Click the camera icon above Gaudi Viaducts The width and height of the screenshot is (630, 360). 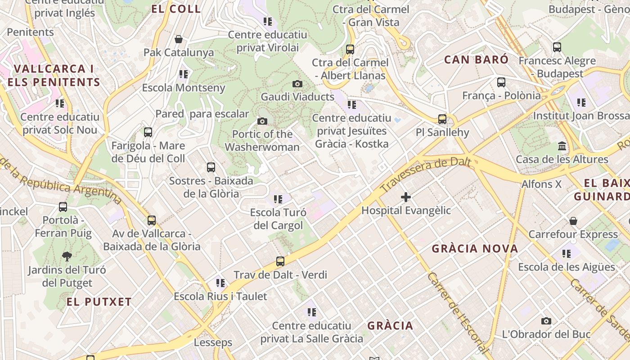297,84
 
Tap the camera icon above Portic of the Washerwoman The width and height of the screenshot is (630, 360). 262,121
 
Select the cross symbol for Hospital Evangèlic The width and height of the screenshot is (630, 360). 406,197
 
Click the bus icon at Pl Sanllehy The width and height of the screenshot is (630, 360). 442,119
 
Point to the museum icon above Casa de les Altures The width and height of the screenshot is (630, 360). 562,146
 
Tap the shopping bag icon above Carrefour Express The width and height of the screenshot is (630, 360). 573,221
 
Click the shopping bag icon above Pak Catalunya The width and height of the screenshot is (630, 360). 179,40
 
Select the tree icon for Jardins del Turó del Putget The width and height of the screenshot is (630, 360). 67,256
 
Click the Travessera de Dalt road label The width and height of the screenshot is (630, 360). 425,175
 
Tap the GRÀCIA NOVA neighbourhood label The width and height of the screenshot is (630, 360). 475,248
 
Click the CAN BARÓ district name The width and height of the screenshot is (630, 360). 476,59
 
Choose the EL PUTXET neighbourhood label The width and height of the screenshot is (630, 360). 99,302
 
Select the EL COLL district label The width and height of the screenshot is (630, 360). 176,9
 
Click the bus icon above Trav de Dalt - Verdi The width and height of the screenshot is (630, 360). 280,261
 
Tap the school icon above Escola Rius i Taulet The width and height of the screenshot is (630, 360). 220,283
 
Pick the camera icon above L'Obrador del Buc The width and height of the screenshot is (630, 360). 546,321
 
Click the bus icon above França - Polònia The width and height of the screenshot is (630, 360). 501,82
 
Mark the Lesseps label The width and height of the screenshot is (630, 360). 213,342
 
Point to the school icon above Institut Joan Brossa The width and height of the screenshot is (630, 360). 581,103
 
